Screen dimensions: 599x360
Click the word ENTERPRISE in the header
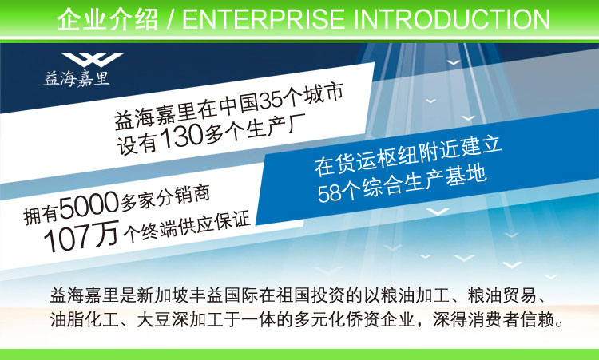click(264, 19)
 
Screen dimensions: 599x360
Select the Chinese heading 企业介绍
click(107, 19)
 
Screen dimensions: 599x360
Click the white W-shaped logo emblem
click(93, 59)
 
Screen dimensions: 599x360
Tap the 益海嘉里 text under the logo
click(77, 79)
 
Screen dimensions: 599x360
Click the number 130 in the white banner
click(181, 137)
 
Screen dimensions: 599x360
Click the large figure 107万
click(81, 237)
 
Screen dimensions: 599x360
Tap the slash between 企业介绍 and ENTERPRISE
click(170, 20)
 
